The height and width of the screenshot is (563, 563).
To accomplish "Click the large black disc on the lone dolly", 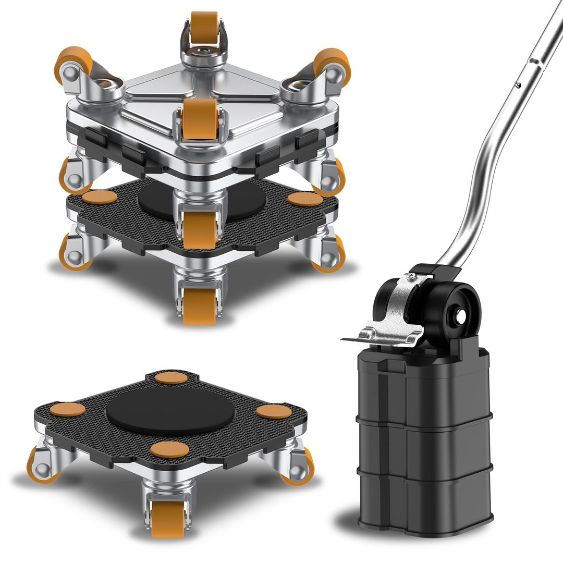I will pyautogui.click(x=170, y=411).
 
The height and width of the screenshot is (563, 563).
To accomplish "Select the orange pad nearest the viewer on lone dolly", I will pyautogui.click(x=169, y=449).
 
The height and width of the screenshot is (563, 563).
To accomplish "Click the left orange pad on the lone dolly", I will pyautogui.click(x=67, y=410).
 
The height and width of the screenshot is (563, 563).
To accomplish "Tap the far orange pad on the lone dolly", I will pyautogui.click(x=171, y=378).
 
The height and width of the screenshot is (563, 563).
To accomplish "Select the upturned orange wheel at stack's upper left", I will pyautogui.click(x=73, y=62).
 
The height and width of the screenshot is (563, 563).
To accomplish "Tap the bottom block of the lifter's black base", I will pyautogui.click(x=425, y=500).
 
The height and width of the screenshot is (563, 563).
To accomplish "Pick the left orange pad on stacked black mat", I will pyautogui.click(x=100, y=198).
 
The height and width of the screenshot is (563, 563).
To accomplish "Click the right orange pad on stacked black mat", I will pyautogui.click(x=305, y=199).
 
